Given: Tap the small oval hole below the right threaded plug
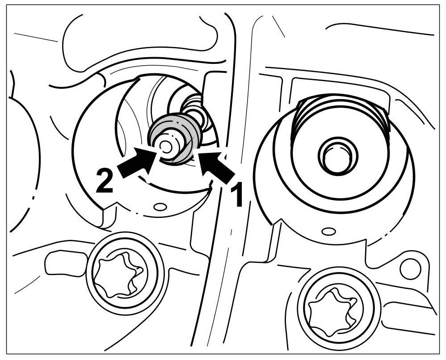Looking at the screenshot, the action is pos(328,231).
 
